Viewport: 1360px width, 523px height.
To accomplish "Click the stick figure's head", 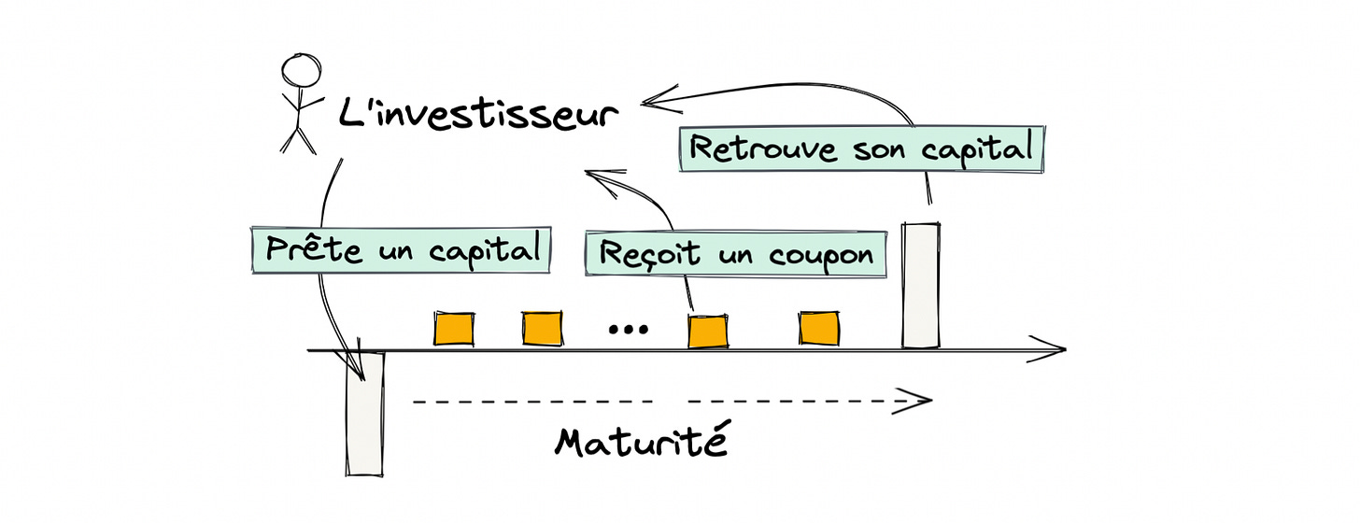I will pyautogui.click(x=301, y=71).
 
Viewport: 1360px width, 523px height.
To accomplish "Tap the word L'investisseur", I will pyautogui.click(x=477, y=115).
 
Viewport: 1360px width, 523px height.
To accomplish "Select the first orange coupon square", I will pyautogui.click(x=454, y=328).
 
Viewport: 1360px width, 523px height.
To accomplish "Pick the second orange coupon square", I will pyautogui.click(x=543, y=328).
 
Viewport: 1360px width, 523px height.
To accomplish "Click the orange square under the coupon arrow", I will pyautogui.click(x=707, y=331).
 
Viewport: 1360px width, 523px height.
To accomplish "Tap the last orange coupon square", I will pyautogui.click(x=819, y=328).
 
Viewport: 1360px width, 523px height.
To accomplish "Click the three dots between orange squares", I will pyautogui.click(x=627, y=329).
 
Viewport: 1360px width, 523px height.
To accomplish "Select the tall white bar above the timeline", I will pyautogui.click(x=920, y=285).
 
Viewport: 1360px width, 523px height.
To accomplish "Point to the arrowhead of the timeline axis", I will pyautogui.click(x=1055, y=351).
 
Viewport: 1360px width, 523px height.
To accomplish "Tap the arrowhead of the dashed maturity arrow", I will pyautogui.click(x=923, y=401).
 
